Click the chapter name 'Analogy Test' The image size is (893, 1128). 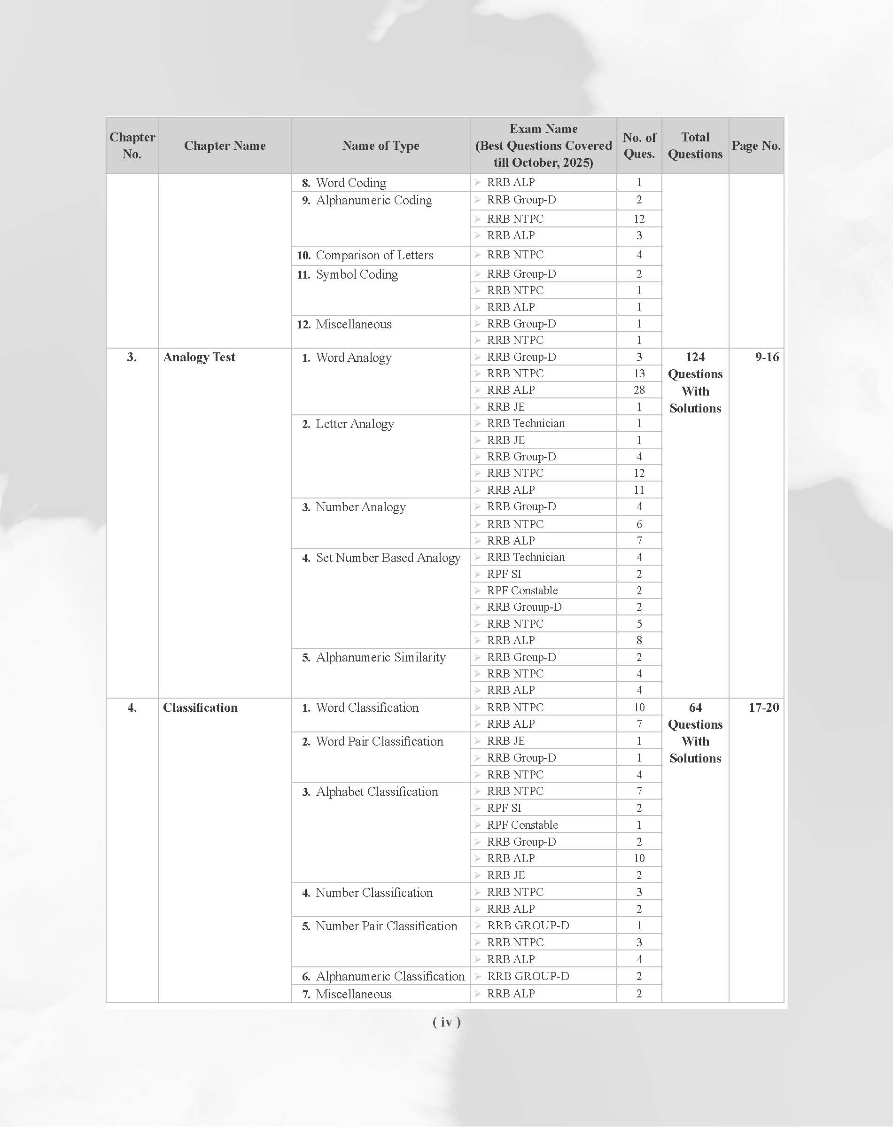tap(199, 357)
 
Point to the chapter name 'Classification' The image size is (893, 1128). tap(200, 708)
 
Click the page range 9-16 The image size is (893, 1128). tap(767, 357)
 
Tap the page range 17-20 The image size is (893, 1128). tap(763, 708)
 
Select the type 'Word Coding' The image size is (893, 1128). tap(351, 182)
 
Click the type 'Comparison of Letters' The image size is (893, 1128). tap(374, 255)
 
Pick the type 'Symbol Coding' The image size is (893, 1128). tap(357, 274)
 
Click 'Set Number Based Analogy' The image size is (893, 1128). tap(388, 558)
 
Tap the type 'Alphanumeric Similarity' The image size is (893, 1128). tap(380, 657)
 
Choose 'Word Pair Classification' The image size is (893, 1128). tap(379, 741)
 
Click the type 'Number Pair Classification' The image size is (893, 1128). tap(387, 926)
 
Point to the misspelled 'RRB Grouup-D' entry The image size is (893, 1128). tap(524, 607)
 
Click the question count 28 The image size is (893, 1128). tap(639, 390)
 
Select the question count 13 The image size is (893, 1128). tap(639, 373)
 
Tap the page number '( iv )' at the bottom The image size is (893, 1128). tap(446, 1022)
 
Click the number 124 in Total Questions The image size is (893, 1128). tap(695, 357)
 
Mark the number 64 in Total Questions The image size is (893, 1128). tap(695, 708)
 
